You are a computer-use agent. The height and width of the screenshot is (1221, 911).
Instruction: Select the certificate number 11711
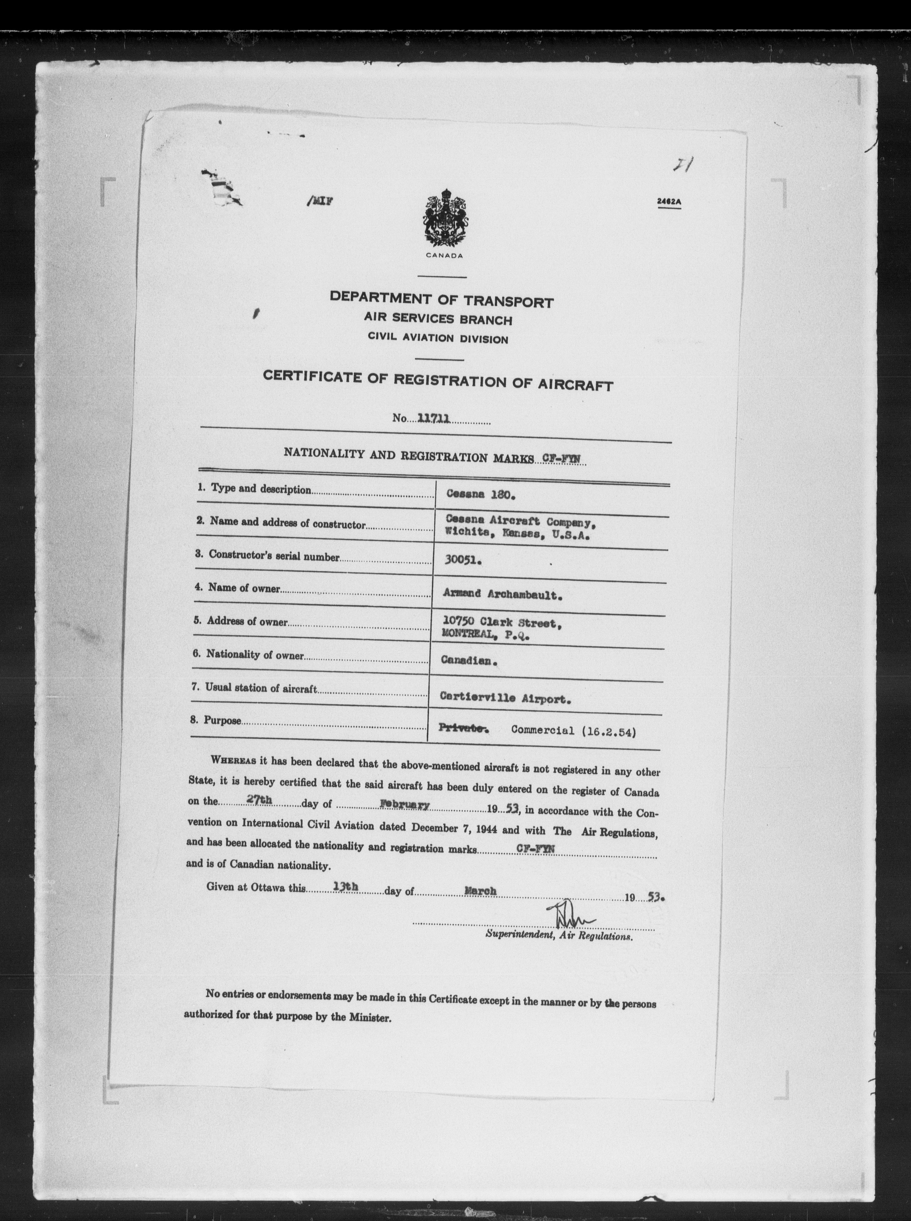[x=434, y=418]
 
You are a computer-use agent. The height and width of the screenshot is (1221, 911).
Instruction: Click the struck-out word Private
[x=462, y=729]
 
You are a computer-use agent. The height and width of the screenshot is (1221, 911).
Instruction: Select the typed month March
[x=480, y=890]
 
